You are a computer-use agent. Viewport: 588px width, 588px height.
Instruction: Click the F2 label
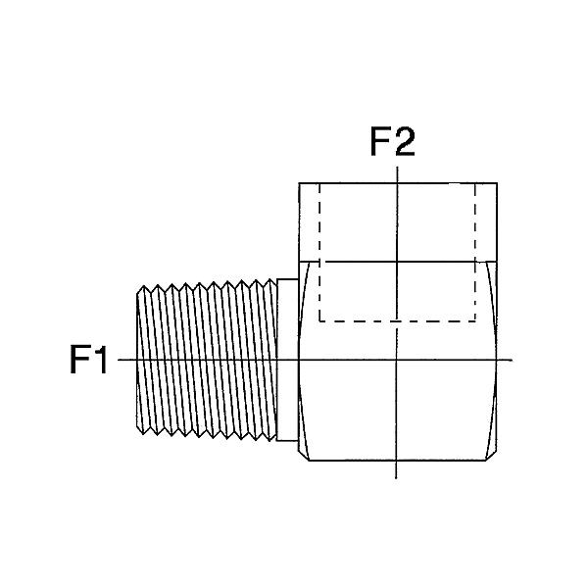(x=392, y=143)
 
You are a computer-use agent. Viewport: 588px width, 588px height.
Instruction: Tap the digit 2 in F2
(x=405, y=143)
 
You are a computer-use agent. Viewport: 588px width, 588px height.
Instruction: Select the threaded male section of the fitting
(x=206, y=361)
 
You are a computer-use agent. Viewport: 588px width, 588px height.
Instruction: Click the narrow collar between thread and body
(x=287, y=361)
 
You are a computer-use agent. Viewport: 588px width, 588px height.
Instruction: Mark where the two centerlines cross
(x=396, y=361)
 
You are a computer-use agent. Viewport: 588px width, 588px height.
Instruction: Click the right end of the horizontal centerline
(x=512, y=361)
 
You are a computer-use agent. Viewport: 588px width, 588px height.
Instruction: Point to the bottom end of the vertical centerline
(x=396, y=477)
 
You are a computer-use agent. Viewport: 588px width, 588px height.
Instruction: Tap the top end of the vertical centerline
(x=396, y=169)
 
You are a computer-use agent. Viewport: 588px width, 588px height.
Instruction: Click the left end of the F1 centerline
(x=120, y=361)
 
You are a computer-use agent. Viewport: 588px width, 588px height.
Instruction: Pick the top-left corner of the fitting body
(x=299, y=183)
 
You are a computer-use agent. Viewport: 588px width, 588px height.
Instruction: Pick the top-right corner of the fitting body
(x=494, y=183)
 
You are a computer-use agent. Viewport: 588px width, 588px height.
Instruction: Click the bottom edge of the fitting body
(x=396, y=462)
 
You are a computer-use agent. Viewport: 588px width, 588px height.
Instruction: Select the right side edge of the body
(x=494, y=361)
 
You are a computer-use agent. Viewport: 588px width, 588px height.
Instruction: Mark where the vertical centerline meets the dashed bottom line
(x=396, y=320)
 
